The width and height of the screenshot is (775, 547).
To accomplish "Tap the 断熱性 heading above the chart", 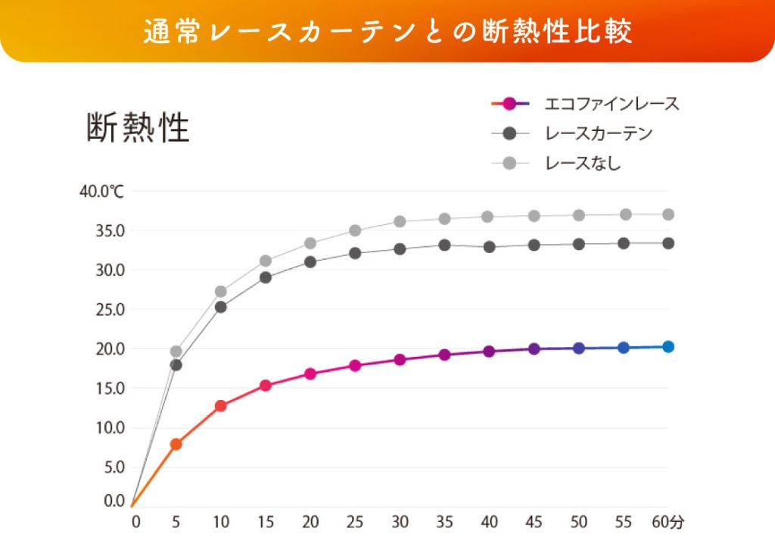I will pos(138,128).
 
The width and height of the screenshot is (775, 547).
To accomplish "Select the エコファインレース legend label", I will pos(612,104).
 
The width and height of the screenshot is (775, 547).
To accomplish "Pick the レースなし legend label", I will pos(582,162).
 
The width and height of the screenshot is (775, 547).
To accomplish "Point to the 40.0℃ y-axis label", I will pos(101,191).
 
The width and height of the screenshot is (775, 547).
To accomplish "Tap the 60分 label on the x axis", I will pos(668,522).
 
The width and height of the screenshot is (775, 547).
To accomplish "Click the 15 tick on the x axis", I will pos(266,522).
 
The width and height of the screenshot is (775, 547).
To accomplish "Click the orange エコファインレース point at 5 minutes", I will pos(176,444).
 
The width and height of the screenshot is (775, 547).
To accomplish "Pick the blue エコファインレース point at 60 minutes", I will pos(668,347).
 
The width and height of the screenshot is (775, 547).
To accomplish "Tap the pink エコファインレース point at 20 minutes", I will pos(310,374).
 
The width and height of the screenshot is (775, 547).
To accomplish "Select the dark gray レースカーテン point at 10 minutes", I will pos(221,307).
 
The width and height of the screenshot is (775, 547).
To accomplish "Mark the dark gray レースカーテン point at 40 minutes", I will pos(489,246).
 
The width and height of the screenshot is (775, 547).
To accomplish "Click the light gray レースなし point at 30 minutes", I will pos(400,221).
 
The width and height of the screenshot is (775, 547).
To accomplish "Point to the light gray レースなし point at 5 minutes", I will pos(176,352).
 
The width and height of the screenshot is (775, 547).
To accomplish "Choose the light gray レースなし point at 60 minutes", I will pos(668,214).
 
